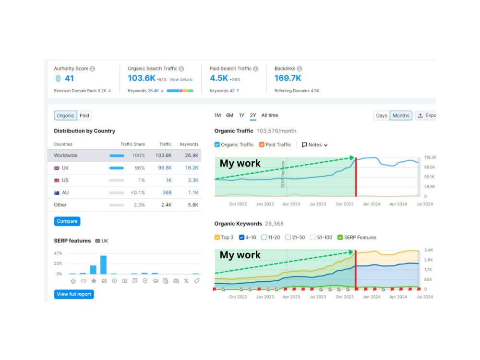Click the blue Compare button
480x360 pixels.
pos(67,221)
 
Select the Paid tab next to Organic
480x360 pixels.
pos(84,115)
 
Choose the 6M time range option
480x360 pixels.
pos(229,115)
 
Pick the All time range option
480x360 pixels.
pos(270,115)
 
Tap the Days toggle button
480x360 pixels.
pos(382,115)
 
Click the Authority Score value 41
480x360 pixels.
pos(69,78)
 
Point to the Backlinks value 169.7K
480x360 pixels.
pos(288,78)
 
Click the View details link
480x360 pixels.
pos(181,79)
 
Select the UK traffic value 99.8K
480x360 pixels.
pos(165,168)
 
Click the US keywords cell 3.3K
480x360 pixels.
pos(193,180)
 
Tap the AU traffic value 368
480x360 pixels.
pos(167,192)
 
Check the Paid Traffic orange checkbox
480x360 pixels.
pos(262,144)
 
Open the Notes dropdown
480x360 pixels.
pos(315,145)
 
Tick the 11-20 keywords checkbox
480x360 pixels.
pos(264,237)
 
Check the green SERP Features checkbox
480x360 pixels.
pos(340,237)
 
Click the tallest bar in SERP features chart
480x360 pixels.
pos(104,265)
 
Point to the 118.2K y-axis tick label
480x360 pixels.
pos(430,157)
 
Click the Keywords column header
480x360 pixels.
pos(189,144)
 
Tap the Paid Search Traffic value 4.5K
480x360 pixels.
pos(219,78)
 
